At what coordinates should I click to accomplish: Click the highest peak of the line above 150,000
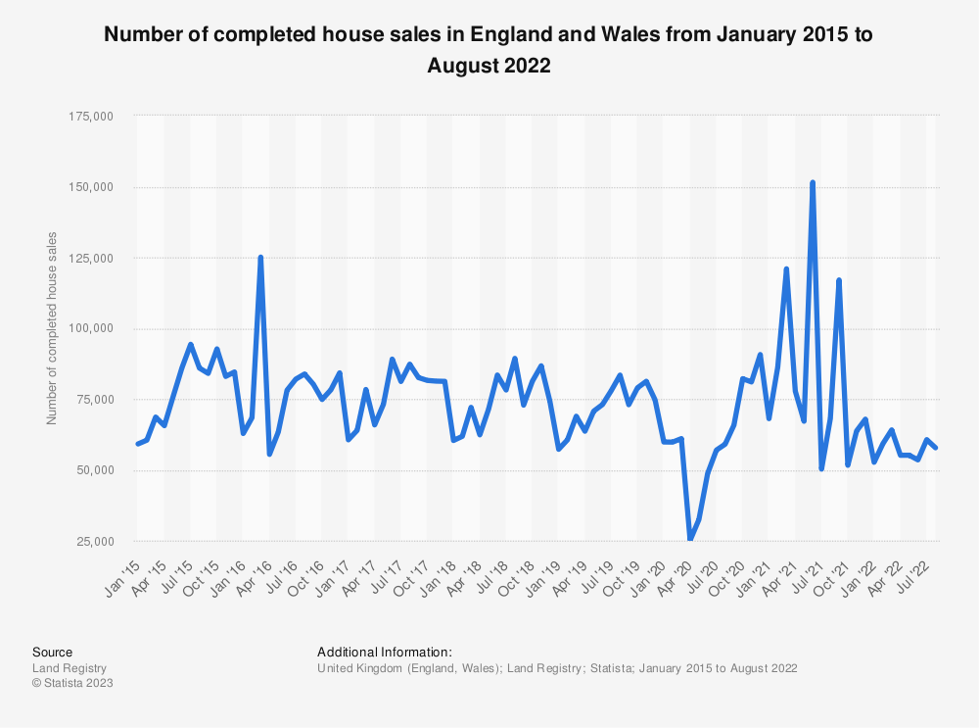pos(813,182)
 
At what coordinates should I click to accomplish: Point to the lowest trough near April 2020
pos(690,539)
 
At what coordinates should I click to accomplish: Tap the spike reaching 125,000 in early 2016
pos(260,258)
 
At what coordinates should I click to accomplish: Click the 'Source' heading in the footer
pos(52,652)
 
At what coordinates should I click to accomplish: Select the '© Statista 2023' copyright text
pos(72,683)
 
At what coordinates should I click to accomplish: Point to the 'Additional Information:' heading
pos(385,652)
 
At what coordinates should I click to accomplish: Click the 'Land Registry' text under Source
pos(70,667)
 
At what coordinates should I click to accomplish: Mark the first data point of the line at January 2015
pos(137,444)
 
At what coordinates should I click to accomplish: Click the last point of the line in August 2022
pos(936,448)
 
